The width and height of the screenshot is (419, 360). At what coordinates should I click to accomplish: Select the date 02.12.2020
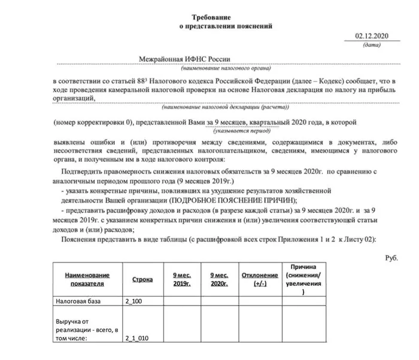coord(372,36)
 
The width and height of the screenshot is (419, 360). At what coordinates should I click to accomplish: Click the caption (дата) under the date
coord(372,45)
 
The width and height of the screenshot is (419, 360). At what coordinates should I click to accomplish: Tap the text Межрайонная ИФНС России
coord(186,59)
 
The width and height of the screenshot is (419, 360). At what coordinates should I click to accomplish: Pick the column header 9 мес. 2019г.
coord(181,279)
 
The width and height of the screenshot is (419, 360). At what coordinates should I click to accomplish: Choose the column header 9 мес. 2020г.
coord(220,279)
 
